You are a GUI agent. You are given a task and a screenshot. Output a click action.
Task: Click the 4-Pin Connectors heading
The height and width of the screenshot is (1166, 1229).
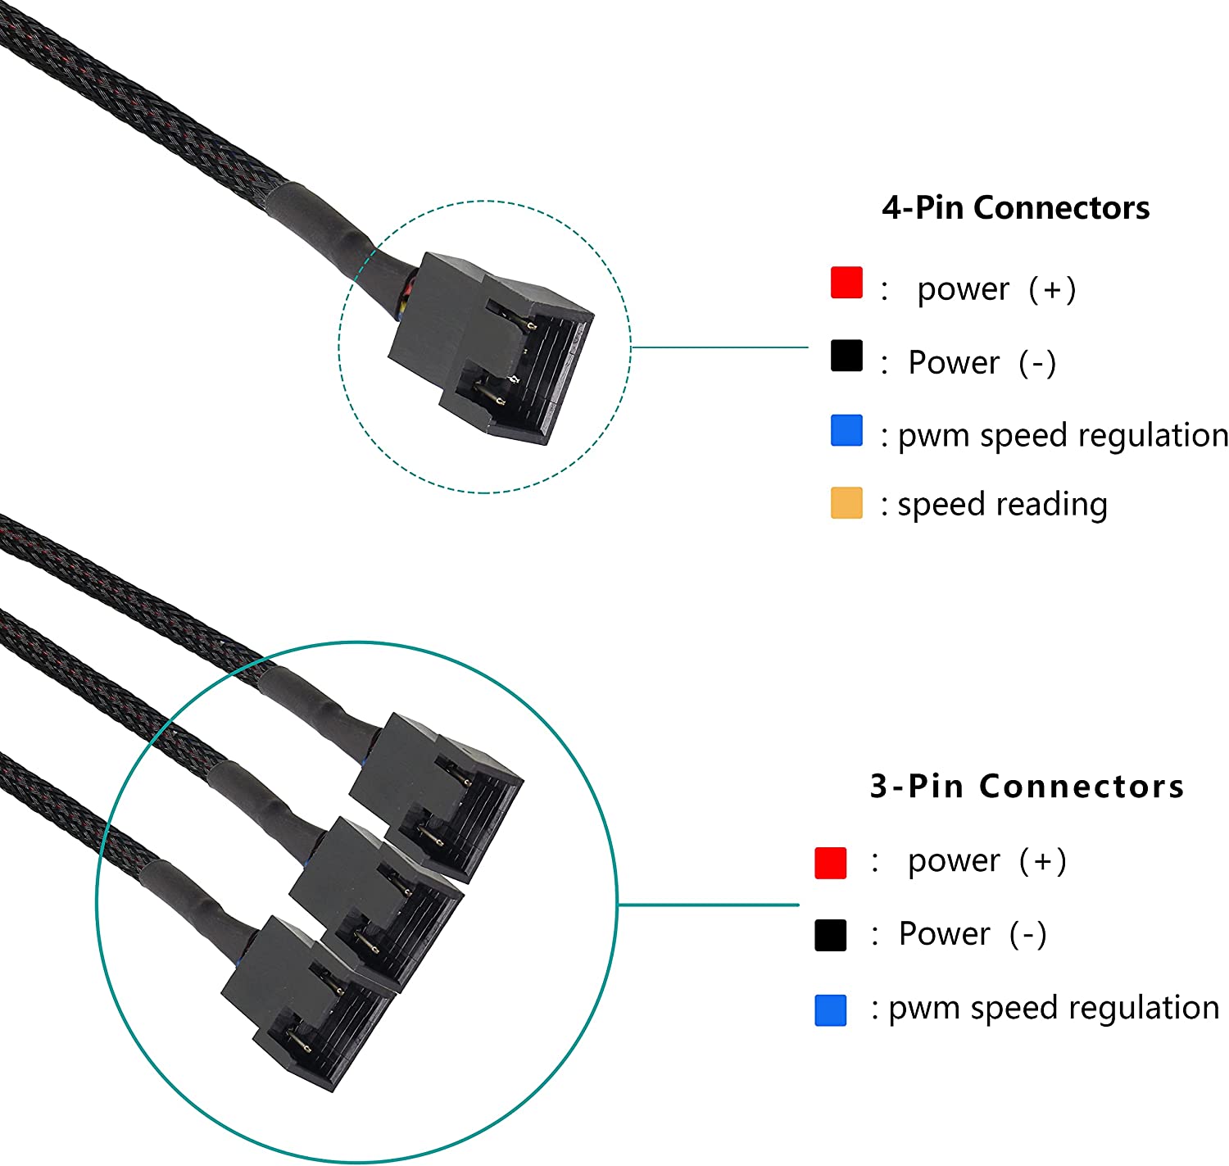click(x=1015, y=208)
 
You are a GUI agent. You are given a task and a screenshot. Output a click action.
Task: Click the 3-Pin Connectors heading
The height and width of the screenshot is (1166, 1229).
click(x=1027, y=787)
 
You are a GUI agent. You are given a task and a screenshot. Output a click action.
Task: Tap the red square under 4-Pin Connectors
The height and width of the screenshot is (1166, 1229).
click(x=846, y=283)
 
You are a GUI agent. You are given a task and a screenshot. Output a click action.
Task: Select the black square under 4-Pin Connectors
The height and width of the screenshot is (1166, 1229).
click(x=846, y=356)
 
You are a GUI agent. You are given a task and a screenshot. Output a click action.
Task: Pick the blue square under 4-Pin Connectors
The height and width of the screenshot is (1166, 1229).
click(x=846, y=431)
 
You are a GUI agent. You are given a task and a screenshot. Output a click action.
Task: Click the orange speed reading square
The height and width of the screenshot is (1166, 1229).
click(x=846, y=503)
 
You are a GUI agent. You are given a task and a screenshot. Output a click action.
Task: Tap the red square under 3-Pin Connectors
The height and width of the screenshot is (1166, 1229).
click(x=830, y=863)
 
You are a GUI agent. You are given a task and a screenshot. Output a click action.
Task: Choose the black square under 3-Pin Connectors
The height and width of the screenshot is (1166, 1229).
click(x=830, y=936)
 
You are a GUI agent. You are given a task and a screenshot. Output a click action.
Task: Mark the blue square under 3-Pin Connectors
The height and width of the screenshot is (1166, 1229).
click(x=830, y=1010)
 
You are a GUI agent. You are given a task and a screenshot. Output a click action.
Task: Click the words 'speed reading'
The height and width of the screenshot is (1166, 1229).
click(x=1002, y=505)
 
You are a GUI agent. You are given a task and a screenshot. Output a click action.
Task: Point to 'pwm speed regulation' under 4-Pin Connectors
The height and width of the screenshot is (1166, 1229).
click(x=1063, y=436)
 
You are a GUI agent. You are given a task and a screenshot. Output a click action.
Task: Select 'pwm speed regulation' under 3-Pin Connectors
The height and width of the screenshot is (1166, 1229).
click(x=1054, y=1009)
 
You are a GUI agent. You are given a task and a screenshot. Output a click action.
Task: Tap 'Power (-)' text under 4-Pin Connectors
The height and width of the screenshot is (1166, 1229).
click(x=982, y=362)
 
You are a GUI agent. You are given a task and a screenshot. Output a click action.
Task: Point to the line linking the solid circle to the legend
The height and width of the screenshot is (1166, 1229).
click(x=708, y=905)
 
